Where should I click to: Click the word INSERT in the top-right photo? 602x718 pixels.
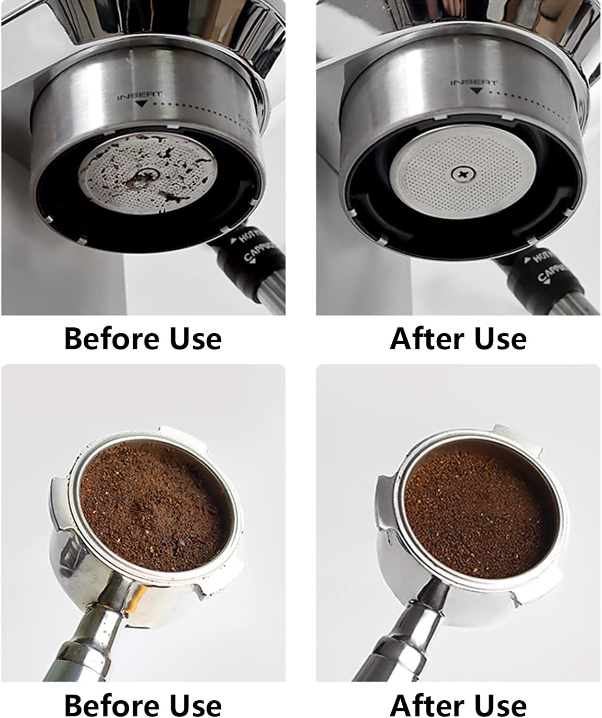click(473, 83)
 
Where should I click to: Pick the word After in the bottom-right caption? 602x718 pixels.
click(420, 706)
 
